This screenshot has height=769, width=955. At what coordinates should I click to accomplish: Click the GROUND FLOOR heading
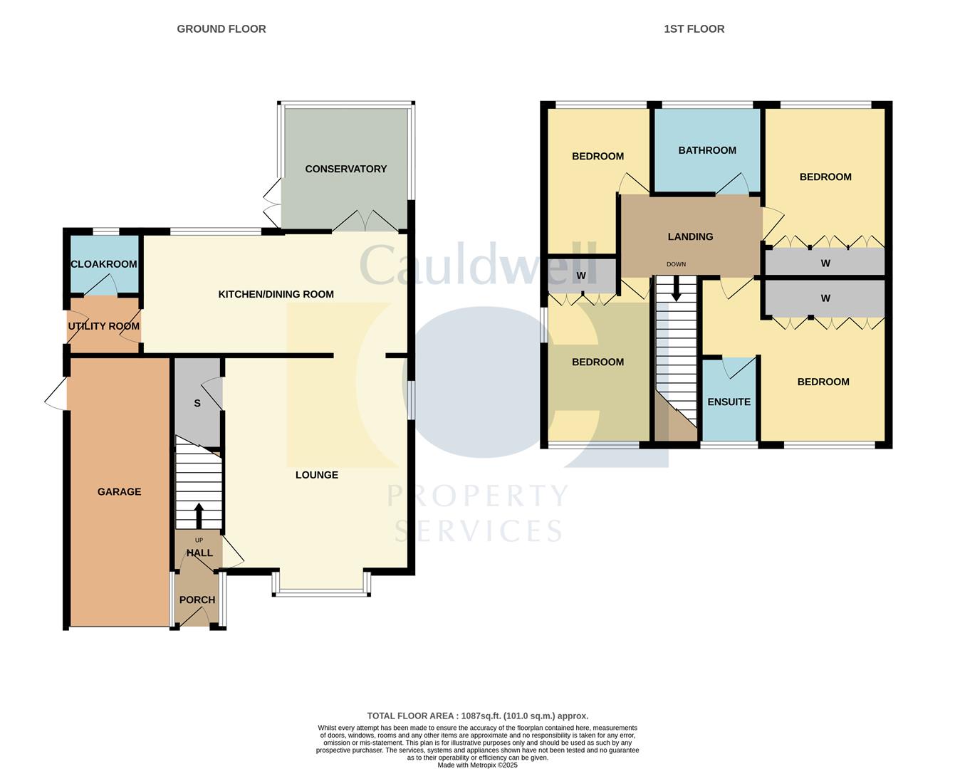click(221, 29)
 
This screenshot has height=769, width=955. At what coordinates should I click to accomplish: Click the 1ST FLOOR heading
click(694, 29)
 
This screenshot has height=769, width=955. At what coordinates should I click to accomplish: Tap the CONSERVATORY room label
click(345, 169)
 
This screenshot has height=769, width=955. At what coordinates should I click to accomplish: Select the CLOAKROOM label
click(104, 264)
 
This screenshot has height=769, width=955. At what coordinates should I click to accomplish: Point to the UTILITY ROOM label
click(104, 326)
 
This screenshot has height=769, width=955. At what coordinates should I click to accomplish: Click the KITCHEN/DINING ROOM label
click(276, 294)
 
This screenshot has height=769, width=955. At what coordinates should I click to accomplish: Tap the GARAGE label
click(119, 491)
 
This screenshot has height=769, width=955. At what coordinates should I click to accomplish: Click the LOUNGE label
click(317, 475)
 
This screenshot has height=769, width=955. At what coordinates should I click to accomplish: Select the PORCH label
click(197, 600)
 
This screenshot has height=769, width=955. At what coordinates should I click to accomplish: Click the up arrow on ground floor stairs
click(199, 515)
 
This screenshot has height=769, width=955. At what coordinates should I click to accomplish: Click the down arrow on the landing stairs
click(676, 288)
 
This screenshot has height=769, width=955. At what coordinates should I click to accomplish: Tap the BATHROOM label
click(707, 150)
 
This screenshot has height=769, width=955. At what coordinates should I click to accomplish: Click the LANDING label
click(690, 236)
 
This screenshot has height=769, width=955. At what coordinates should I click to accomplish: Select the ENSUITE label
click(729, 402)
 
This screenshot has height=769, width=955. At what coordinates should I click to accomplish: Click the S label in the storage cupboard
click(197, 403)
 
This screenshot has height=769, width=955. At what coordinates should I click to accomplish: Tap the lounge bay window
click(321, 591)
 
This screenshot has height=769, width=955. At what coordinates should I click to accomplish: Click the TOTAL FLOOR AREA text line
click(477, 716)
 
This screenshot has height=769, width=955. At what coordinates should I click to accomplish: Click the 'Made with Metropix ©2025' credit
click(477, 765)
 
